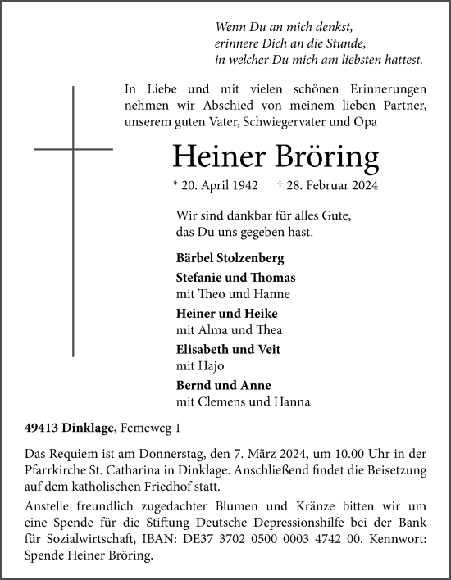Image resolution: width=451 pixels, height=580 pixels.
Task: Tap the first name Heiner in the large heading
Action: click(218, 156)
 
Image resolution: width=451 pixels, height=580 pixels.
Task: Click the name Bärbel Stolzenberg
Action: click(230, 258)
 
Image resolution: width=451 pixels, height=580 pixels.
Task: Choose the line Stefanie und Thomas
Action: click(235, 278)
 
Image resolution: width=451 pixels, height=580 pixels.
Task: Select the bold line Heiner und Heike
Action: click(227, 314)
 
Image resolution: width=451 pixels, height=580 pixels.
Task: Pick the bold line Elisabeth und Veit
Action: click(228, 349)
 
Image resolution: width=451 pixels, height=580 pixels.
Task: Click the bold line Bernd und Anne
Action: click(223, 385)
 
